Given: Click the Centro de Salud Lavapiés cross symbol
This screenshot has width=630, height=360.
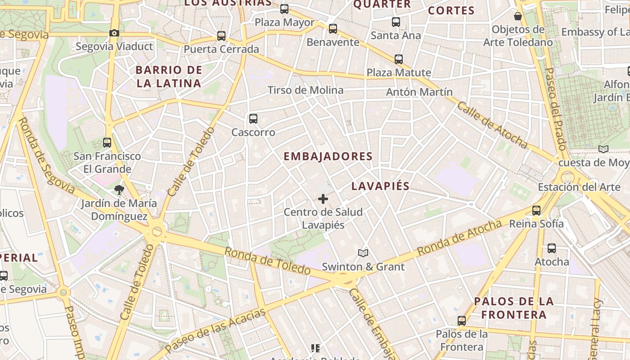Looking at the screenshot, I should (x=323, y=198).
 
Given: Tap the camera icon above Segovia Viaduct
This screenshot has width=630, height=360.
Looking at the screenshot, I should (x=114, y=33).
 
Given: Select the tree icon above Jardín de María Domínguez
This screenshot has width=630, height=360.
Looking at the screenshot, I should (x=119, y=189).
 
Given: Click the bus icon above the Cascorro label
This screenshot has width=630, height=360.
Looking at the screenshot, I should (x=253, y=119).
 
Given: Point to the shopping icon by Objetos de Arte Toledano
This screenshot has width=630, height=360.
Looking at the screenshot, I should (x=518, y=16).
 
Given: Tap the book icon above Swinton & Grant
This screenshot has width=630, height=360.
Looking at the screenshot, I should (x=363, y=253).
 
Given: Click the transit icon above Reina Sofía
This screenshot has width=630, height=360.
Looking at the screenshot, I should (x=536, y=210).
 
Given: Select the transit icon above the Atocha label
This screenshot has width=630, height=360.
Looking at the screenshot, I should (x=552, y=248).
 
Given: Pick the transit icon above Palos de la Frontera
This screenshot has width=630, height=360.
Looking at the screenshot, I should (x=462, y=321).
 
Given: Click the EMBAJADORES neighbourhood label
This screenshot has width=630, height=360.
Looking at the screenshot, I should (x=328, y=157).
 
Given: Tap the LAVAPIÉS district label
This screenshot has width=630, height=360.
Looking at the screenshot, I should (x=380, y=186).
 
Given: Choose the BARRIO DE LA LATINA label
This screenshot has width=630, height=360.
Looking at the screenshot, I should (x=169, y=76).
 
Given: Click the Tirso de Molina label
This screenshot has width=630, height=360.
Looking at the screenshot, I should (x=306, y=90).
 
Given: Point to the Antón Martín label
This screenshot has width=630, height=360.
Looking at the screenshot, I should (x=419, y=92).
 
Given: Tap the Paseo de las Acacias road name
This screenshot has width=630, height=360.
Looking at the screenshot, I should (x=215, y=331).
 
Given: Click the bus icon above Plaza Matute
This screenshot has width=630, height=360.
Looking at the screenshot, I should (x=399, y=59).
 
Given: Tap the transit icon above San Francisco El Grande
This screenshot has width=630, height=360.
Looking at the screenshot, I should (x=107, y=143).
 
